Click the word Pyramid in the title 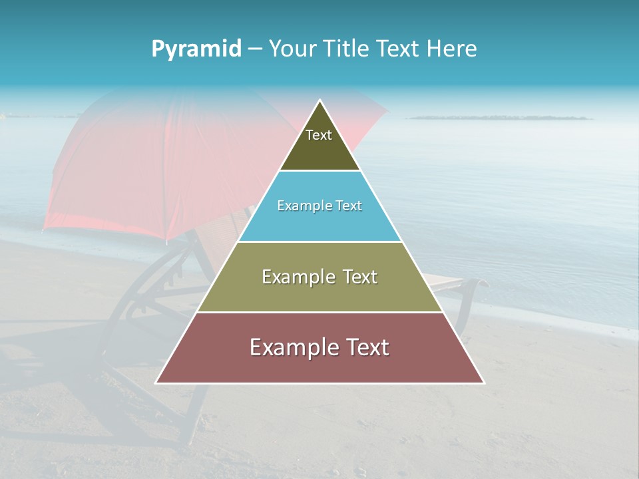196,49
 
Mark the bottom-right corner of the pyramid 483,383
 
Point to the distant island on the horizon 499,118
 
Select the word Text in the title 397,49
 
